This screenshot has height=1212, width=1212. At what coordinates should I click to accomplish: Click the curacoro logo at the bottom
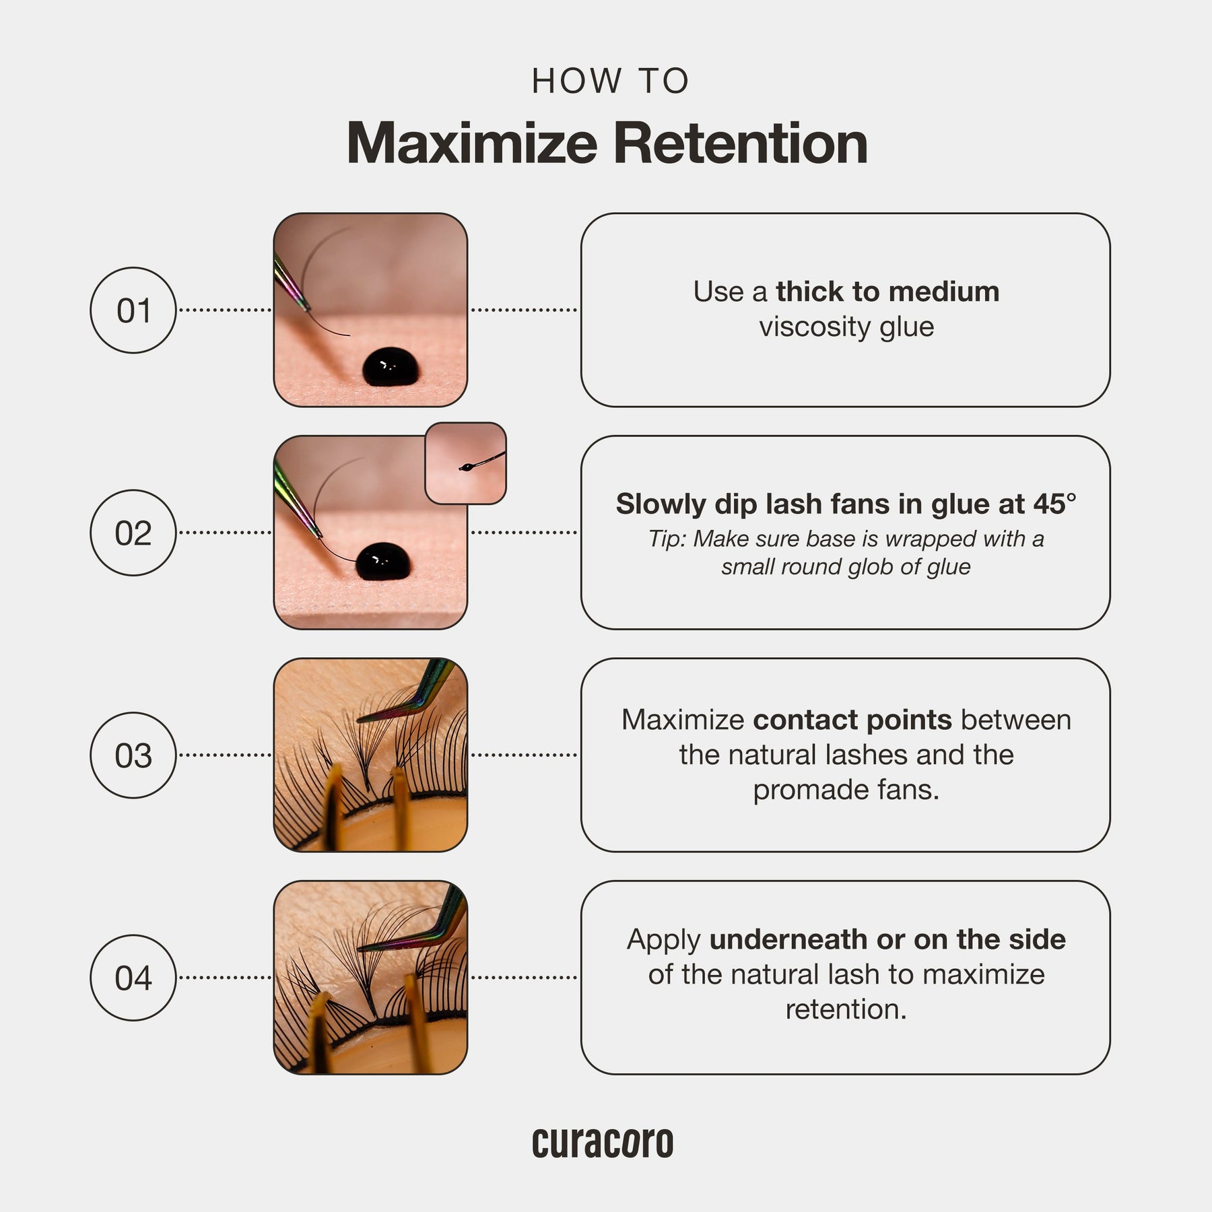(603, 1143)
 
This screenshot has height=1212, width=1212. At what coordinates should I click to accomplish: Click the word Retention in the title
(740, 143)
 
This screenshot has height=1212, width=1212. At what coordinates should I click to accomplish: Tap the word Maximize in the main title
(472, 143)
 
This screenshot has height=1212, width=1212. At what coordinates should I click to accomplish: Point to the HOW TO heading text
(611, 81)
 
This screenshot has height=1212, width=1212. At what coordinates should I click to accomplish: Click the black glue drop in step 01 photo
(391, 367)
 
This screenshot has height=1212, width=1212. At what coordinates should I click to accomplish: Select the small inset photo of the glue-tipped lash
(466, 463)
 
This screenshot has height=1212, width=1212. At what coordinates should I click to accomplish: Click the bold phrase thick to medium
(887, 292)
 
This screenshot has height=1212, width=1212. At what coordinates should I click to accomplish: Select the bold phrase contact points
(852, 720)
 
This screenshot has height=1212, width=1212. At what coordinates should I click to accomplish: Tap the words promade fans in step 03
(846, 790)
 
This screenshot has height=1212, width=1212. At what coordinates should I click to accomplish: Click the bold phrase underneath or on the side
(887, 939)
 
